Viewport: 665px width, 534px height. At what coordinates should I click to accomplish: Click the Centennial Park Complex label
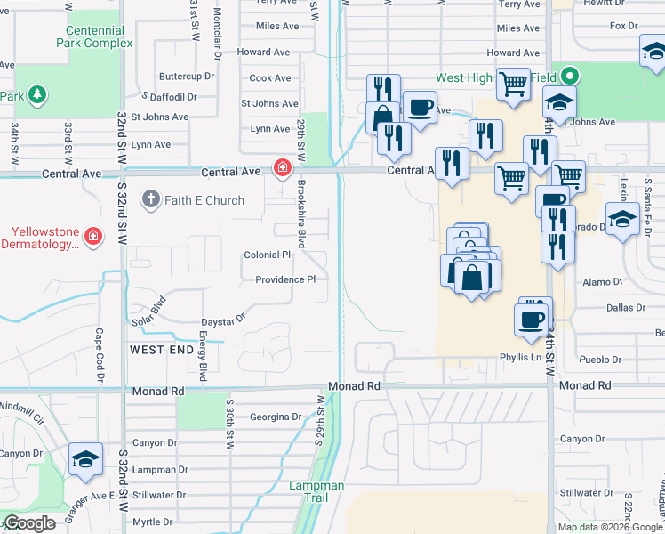pyautogui.click(x=95, y=36)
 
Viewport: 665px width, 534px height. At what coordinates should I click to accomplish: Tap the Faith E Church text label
pyautogui.click(x=204, y=200)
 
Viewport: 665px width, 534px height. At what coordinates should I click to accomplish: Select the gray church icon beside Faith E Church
pyautogui.click(x=151, y=199)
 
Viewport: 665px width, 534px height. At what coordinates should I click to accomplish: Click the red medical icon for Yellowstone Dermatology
pyautogui.click(x=92, y=237)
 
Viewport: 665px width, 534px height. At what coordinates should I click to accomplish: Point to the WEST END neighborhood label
pyautogui.click(x=161, y=351)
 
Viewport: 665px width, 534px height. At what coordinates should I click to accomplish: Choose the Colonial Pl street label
pyautogui.click(x=268, y=255)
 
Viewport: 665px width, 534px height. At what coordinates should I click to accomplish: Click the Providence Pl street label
pyautogui.click(x=285, y=279)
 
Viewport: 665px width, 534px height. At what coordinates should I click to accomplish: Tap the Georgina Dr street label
pyautogui.click(x=276, y=417)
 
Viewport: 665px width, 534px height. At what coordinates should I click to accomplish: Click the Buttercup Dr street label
pyautogui.click(x=188, y=77)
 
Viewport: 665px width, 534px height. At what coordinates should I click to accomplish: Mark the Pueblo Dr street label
pyautogui.click(x=601, y=360)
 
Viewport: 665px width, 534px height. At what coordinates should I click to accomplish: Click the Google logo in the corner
pyautogui.click(x=29, y=523)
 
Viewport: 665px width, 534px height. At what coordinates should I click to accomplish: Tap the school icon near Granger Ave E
pyautogui.click(x=85, y=459)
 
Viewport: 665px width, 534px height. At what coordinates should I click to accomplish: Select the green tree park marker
pyautogui.click(x=37, y=93)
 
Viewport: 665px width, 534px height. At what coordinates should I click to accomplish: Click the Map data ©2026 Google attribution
pyautogui.click(x=609, y=527)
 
